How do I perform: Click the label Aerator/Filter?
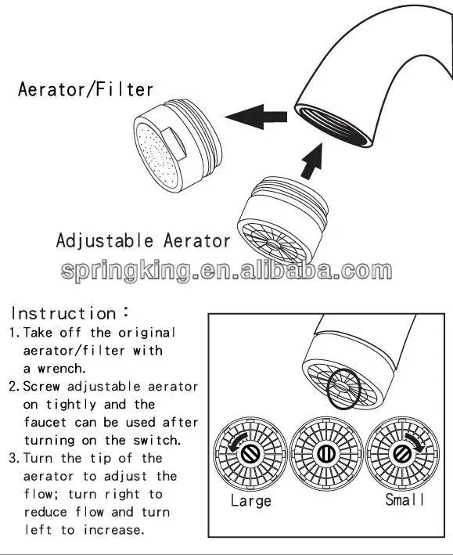click(85, 88)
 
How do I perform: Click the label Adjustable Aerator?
click(143, 240)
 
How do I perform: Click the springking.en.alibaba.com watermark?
click(226, 271)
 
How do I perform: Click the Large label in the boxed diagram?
click(250, 500)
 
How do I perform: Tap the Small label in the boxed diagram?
click(405, 499)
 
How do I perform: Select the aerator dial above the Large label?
click(249, 453)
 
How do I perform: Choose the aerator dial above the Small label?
click(402, 453)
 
